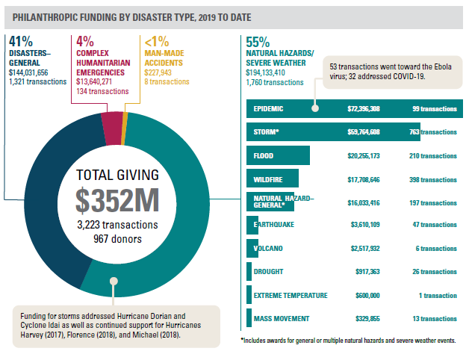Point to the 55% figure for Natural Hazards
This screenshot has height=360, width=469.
(258, 42)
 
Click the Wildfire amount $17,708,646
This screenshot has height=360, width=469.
(364, 179)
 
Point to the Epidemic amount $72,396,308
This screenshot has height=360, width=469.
(364, 109)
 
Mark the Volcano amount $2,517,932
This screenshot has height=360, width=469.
(364, 248)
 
